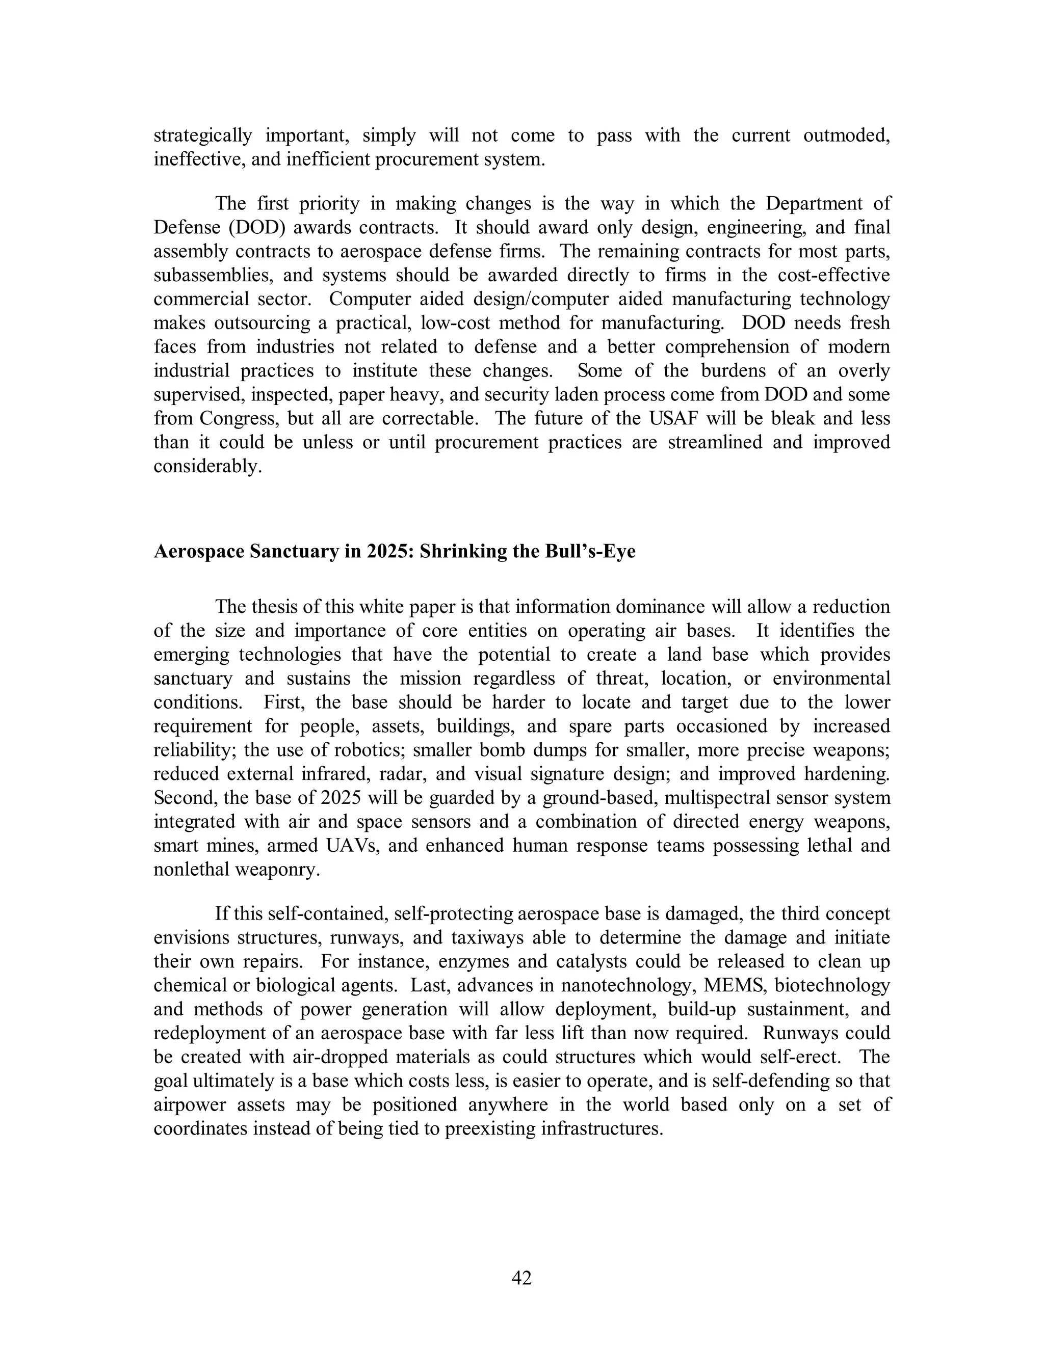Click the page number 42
click(521, 1278)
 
